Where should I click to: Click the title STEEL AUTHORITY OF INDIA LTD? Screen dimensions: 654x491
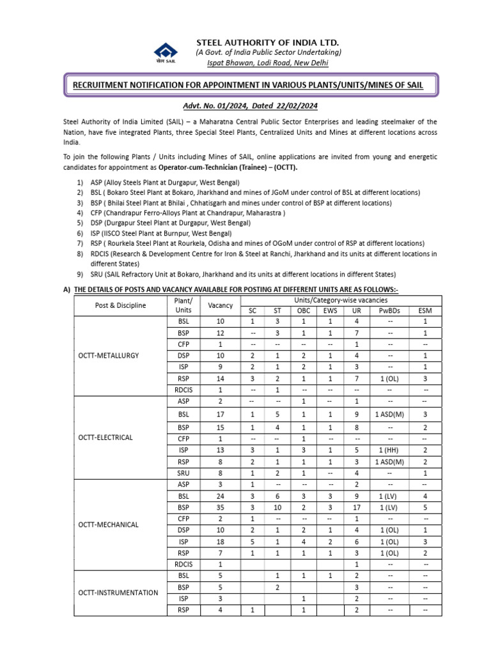coord(268,42)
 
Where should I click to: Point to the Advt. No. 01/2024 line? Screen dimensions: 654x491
coord(251,105)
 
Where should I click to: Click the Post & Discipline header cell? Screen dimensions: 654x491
coord(120,305)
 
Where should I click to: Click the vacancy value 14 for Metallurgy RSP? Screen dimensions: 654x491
coord(221,378)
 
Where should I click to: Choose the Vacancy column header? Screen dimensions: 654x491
coord(221,305)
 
